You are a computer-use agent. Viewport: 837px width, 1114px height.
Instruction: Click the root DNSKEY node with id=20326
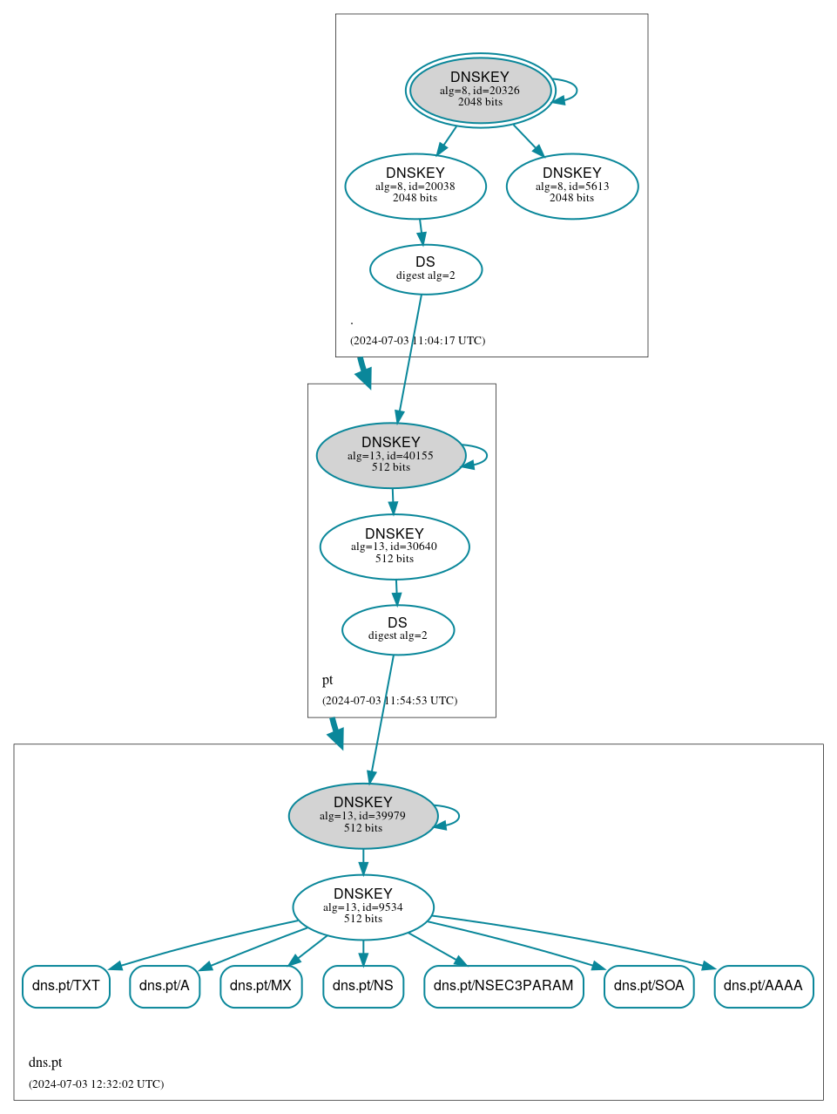point(480,90)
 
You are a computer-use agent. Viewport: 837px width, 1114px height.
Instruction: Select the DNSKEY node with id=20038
point(415,186)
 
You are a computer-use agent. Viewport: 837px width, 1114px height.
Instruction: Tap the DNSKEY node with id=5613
point(572,186)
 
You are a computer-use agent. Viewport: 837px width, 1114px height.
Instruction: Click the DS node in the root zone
point(425,269)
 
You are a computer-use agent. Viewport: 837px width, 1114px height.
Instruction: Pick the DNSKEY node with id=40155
point(390,455)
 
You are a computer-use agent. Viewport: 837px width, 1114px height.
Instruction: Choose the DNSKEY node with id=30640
point(395,547)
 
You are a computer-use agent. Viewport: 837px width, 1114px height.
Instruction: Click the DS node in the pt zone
point(398,629)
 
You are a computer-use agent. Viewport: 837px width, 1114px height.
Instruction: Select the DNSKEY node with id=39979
point(362,816)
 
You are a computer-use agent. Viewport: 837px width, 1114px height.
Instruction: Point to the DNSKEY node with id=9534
point(363,907)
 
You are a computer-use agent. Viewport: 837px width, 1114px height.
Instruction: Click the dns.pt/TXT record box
point(66,986)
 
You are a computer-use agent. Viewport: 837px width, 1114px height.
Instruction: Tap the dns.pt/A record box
point(165,986)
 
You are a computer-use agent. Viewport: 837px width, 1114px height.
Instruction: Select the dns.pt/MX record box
point(261,986)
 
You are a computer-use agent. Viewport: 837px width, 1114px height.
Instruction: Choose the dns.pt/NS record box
point(363,986)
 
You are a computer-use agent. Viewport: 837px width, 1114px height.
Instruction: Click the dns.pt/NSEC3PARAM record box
point(503,986)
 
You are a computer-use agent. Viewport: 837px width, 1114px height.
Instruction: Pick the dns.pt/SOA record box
point(649,986)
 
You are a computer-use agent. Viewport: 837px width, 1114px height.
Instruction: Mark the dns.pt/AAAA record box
point(764,986)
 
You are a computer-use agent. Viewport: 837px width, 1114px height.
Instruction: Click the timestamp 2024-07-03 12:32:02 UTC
point(96,1084)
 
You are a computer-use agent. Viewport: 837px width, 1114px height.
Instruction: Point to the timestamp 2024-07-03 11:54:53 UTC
point(389,701)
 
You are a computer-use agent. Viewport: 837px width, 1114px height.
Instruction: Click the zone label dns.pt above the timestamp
point(45,1063)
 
